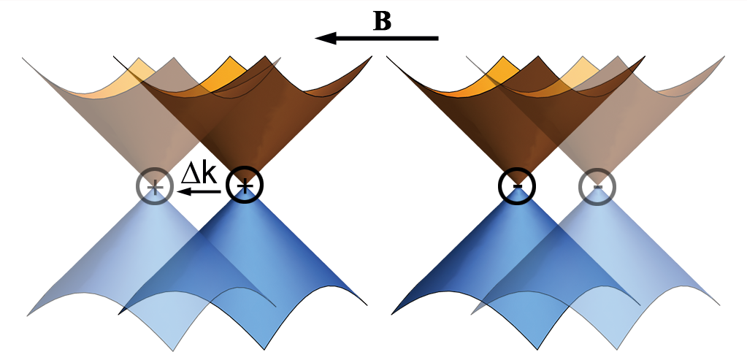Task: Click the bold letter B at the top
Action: [382, 20]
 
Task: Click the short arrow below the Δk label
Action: [199, 191]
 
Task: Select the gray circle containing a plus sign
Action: [154, 187]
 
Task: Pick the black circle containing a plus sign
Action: [245, 187]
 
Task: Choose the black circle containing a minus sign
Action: [517, 187]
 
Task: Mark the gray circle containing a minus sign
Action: [597, 187]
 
